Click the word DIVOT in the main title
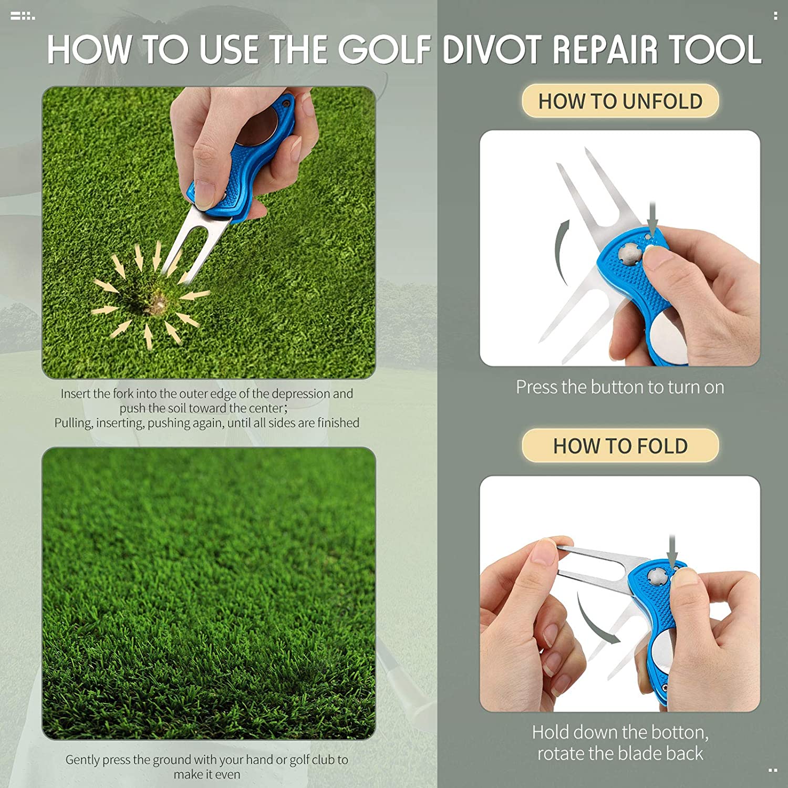[x=492, y=50]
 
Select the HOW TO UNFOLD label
[x=620, y=101]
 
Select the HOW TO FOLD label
[x=620, y=446]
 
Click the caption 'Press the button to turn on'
[x=620, y=387]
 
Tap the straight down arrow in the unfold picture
[x=652, y=218]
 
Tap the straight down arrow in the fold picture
[x=672, y=552]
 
